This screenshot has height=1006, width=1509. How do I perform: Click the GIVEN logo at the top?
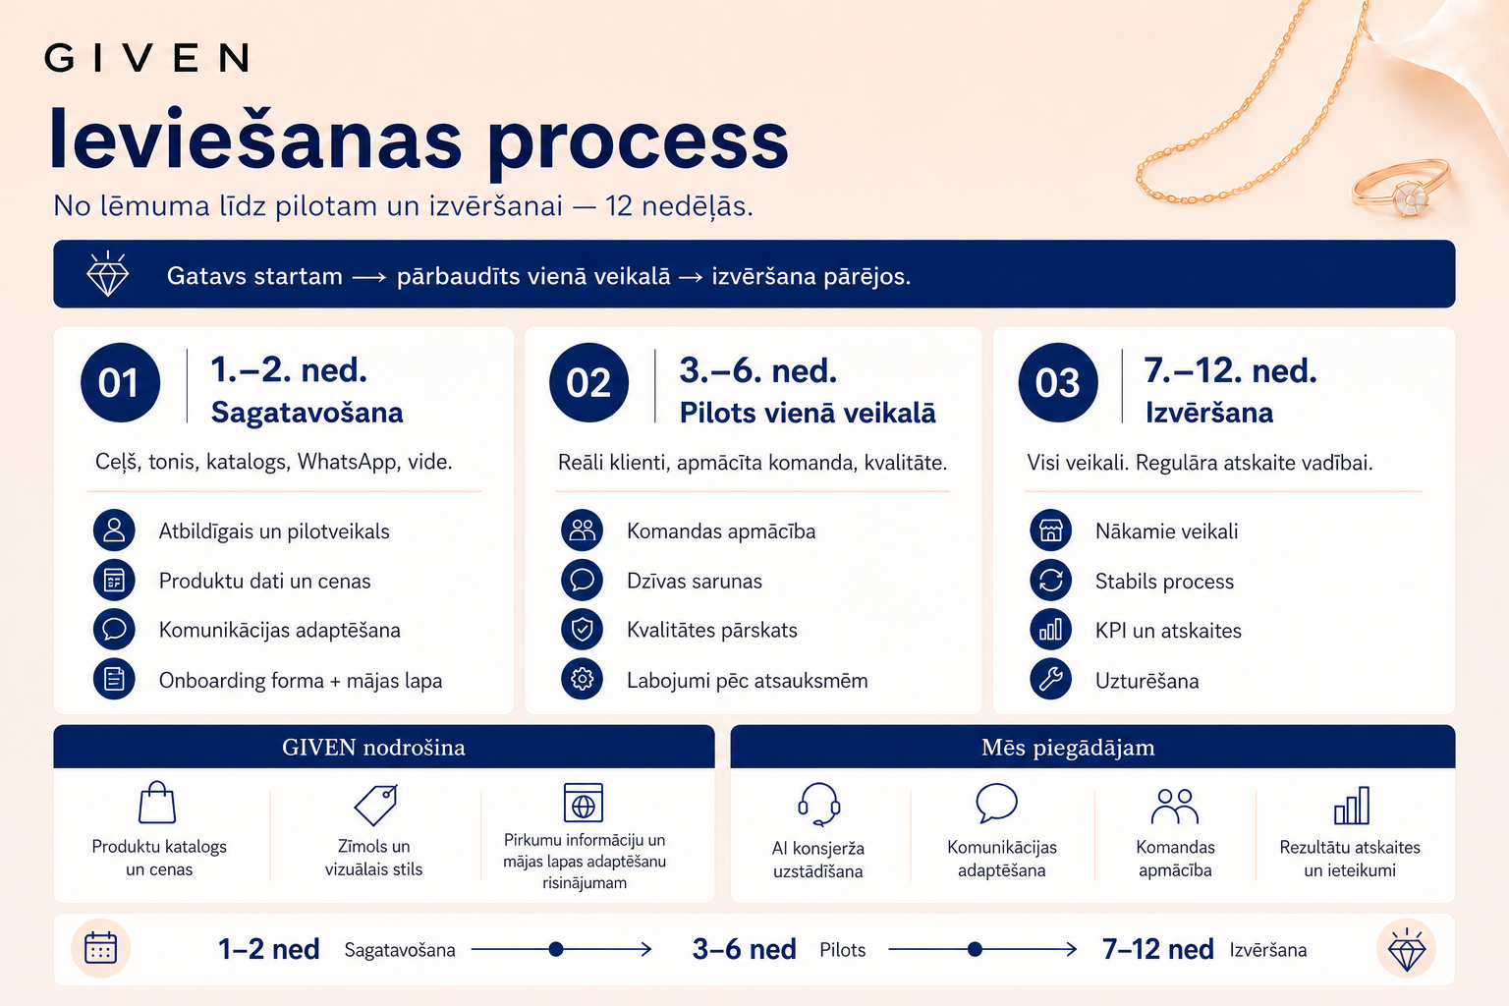(146, 57)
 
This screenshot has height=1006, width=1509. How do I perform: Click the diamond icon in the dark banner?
(107, 274)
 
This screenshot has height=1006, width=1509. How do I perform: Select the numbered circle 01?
(120, 383)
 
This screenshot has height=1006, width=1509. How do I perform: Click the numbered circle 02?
(588, 383)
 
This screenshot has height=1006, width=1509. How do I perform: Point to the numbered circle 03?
(1058, 383)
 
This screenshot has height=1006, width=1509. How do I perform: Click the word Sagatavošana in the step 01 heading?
(307, 413)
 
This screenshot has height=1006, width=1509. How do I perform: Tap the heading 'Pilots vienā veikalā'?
(807, 413)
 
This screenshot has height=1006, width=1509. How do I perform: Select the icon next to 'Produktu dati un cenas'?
(114, 581)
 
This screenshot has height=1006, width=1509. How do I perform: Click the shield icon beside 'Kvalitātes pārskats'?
(582, 630)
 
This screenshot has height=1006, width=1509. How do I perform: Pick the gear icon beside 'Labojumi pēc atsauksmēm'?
(582, 679)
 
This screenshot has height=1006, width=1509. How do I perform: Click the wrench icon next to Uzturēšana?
(1051, 679)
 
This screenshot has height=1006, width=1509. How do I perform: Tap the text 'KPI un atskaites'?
(1168, 631)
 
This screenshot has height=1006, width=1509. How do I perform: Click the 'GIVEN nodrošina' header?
(373, 748)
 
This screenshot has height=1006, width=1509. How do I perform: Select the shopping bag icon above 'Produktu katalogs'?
(157, 803)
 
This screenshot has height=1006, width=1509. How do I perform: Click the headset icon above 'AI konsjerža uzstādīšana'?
(818, 804)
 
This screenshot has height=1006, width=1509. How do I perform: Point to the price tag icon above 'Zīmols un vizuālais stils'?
(376, 805)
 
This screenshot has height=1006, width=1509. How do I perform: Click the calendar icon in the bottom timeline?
(100, 949)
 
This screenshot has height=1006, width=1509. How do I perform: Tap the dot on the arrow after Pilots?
(975, 949)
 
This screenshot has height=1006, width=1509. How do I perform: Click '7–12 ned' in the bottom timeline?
(1157, 949)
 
